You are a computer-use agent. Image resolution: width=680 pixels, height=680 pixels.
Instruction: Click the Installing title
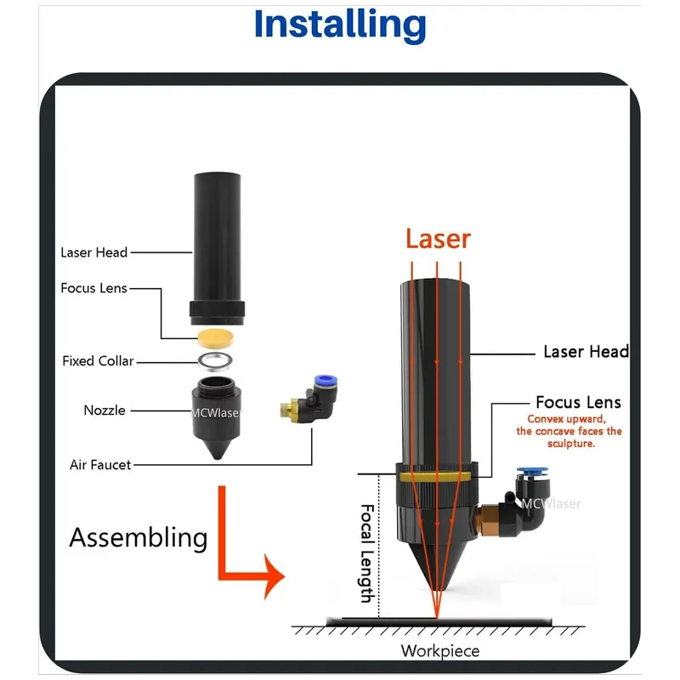pos(339,25)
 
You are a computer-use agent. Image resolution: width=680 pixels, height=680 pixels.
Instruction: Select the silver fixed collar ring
pos(218,361)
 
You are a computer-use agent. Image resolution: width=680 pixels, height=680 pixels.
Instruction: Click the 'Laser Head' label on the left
pos(93,252)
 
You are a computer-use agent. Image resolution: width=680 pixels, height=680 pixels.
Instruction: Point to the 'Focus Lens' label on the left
pos(93,288)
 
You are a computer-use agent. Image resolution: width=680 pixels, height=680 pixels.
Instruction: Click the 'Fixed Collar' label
pos(98,361)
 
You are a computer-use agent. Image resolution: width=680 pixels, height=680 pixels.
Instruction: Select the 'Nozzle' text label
pos(105,411)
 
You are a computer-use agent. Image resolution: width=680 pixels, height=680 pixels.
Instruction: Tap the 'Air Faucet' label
pos(100,465)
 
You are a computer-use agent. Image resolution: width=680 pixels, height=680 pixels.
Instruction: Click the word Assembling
pos(138,537)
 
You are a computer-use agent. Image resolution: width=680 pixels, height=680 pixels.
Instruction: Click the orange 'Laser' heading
pos(437,239)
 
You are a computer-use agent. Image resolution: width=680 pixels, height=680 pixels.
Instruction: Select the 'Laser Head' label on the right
pos(586,352)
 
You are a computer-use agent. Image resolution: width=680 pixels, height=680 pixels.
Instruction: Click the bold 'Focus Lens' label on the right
pos(578,402)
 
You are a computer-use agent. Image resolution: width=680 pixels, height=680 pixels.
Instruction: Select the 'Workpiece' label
pos(439,651)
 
